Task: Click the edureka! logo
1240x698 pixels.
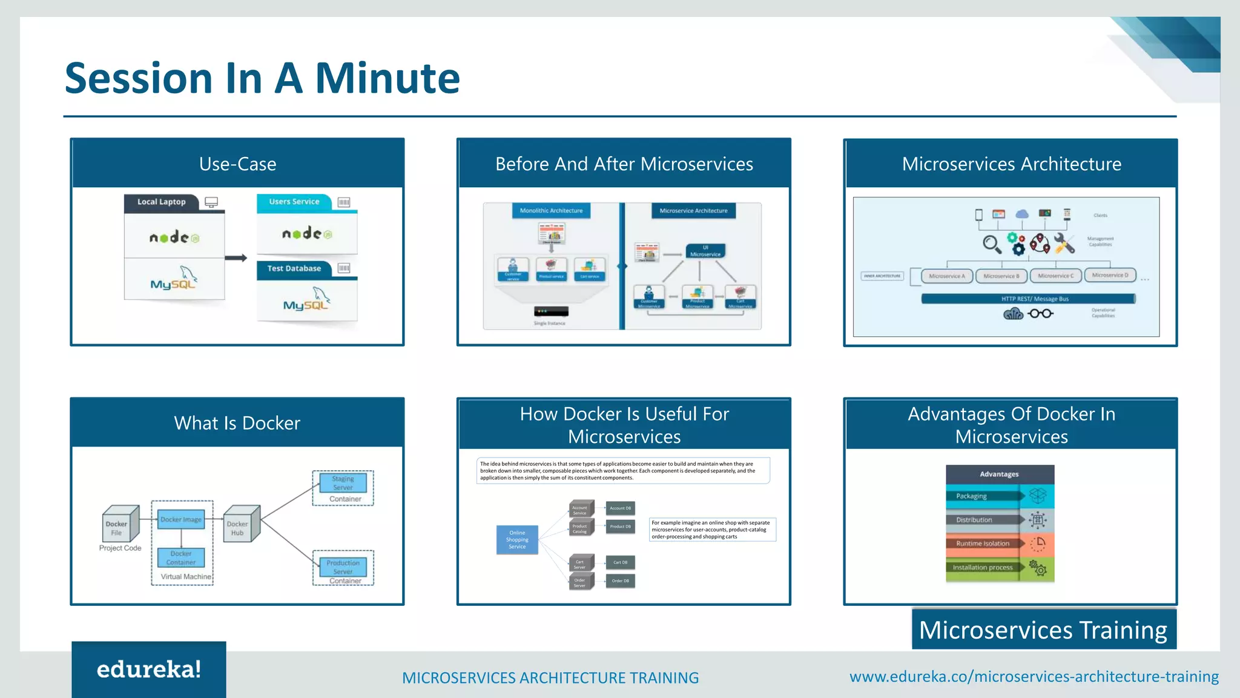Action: [x=148, y=670]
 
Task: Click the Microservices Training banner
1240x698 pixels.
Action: [x=1043, y=630]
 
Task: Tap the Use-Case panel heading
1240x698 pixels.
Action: [x=237, y=164]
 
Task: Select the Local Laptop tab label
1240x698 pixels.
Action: [x=161, y=202]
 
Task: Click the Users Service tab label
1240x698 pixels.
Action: [x=294, y=202]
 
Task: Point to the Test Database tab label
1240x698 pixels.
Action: [x=294, y=268]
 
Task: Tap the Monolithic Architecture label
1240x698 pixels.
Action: [x=551, y=211]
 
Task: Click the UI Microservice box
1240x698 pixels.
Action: [x=705, y=251]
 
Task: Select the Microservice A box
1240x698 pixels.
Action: [x=946, y=276]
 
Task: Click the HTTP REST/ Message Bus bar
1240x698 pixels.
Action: [x=1027, y=299]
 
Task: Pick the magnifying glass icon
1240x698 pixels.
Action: [x=991, y=244]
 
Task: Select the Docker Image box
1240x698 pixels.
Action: [x=181, y=519]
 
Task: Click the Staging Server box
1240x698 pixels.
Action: [x=343, y=483]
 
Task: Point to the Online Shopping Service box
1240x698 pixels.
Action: [x=517, y=540]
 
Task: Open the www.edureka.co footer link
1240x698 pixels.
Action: [x=1034, y=677]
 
